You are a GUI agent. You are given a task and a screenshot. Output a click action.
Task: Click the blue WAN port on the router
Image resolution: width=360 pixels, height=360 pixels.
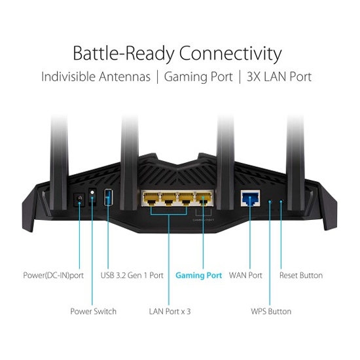(x=251, y=198)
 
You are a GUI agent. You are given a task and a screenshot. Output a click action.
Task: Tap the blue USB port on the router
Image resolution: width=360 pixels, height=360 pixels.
(x=108, y=197)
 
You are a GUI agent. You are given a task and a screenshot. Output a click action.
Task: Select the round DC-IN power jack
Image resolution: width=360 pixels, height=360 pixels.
(x=79, y=199)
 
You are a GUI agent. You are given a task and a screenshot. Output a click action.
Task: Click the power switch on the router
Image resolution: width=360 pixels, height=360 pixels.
(x=92, y=196)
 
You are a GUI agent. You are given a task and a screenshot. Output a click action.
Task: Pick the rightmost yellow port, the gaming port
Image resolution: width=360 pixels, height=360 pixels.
(x=204, y=198)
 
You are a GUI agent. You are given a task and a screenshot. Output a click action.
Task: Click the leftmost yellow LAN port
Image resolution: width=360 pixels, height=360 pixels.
(x=151, y=198)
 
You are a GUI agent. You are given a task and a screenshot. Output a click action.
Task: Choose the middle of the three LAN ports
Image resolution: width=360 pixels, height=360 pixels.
(x=168, y=198)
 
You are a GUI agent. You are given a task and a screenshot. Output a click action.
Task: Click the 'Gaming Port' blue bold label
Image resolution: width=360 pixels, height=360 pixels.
(x=199, y=275)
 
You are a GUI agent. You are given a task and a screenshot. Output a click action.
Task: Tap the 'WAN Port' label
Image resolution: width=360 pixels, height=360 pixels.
(x=245, y=275)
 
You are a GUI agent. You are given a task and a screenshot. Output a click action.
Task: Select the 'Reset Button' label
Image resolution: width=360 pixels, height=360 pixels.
(x=301, y=275)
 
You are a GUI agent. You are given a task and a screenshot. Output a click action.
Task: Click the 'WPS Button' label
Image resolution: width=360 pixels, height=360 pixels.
(x=271, y=312)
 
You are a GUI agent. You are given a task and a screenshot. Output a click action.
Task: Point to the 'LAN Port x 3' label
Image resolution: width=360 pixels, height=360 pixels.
(x=170, y=312)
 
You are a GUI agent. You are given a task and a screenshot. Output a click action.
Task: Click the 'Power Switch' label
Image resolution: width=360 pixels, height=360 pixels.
(x=93, y=312)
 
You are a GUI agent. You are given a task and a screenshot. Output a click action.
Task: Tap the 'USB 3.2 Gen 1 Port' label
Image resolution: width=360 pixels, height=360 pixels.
(x=132, y=275)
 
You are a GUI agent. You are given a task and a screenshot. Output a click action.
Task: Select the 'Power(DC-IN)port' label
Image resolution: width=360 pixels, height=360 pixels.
(x=54, y=276)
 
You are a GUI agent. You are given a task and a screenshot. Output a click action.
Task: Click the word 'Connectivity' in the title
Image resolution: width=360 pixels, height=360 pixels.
(x=230, y=54)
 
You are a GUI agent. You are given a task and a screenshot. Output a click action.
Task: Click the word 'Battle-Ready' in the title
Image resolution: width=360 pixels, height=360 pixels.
(x=124, y=54)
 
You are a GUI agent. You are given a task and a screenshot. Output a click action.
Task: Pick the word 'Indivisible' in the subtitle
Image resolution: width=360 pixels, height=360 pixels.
(x=68, y=77)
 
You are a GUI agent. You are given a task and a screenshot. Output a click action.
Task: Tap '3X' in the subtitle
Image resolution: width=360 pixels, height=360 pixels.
(x=254, y=77)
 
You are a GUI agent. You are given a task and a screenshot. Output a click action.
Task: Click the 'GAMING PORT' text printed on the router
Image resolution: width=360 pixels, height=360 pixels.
(x=204, y=220)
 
